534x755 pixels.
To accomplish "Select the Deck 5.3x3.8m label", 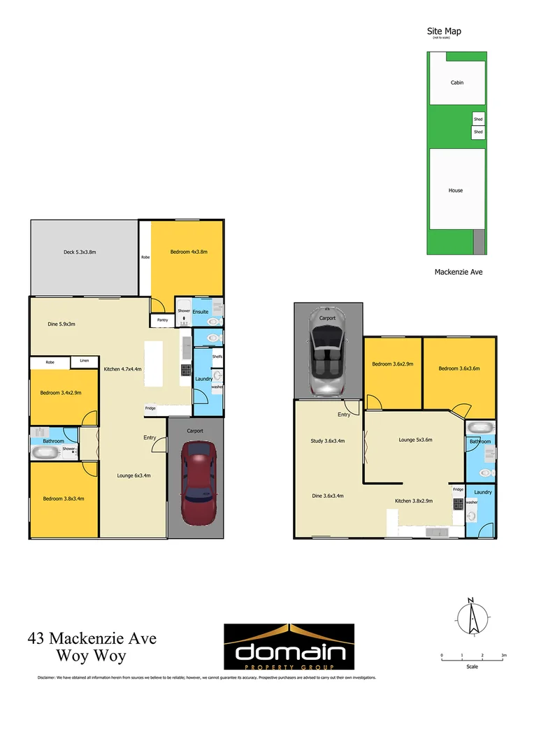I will [80, 252].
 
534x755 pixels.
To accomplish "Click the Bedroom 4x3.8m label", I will [189, 252].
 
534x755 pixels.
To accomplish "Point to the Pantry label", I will [162, 320].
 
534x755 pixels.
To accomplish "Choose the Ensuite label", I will [201, 312].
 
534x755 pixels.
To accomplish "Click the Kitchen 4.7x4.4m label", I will [122, 368].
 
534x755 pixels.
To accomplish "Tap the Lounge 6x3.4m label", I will [133, 475].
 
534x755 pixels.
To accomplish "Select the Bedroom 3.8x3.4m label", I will [63, 498].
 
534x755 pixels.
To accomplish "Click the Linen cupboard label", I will [85, 361].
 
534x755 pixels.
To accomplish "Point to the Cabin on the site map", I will [456, 82].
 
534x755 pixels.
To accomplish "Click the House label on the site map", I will [456, 190].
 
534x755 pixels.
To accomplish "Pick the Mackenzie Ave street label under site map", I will [459, 272].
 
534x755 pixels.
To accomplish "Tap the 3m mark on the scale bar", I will [504, 655].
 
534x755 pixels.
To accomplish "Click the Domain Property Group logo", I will [289, 647].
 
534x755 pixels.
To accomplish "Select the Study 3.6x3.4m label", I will [328, 441].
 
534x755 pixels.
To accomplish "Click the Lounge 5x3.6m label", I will [415, 440].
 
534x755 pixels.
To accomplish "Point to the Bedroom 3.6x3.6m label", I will [459, 368].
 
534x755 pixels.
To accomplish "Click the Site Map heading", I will [444, 31].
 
